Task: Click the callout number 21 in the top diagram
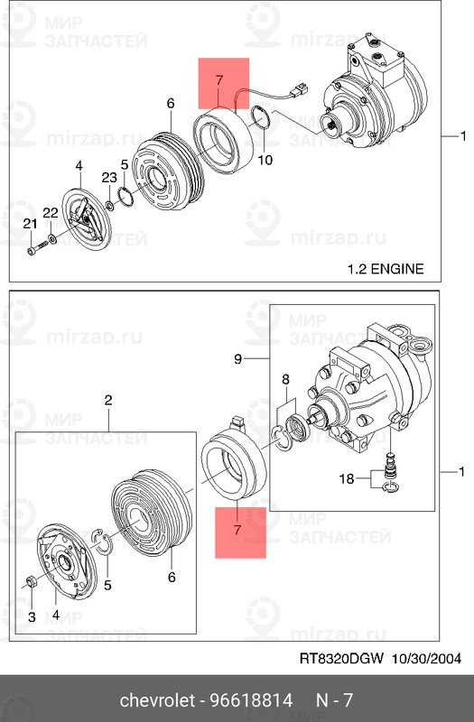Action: point(31,224)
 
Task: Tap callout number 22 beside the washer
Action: point(51,212)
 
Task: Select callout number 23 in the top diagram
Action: point(109,177)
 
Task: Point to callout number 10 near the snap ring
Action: point(265,160)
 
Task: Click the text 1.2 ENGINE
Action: point(386,268)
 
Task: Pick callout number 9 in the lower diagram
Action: point(237,358)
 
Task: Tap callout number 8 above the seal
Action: point(285,379)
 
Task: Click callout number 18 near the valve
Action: point(347,479)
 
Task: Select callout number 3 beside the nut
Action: point(32,616)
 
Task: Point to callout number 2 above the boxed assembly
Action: point(107,400)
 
